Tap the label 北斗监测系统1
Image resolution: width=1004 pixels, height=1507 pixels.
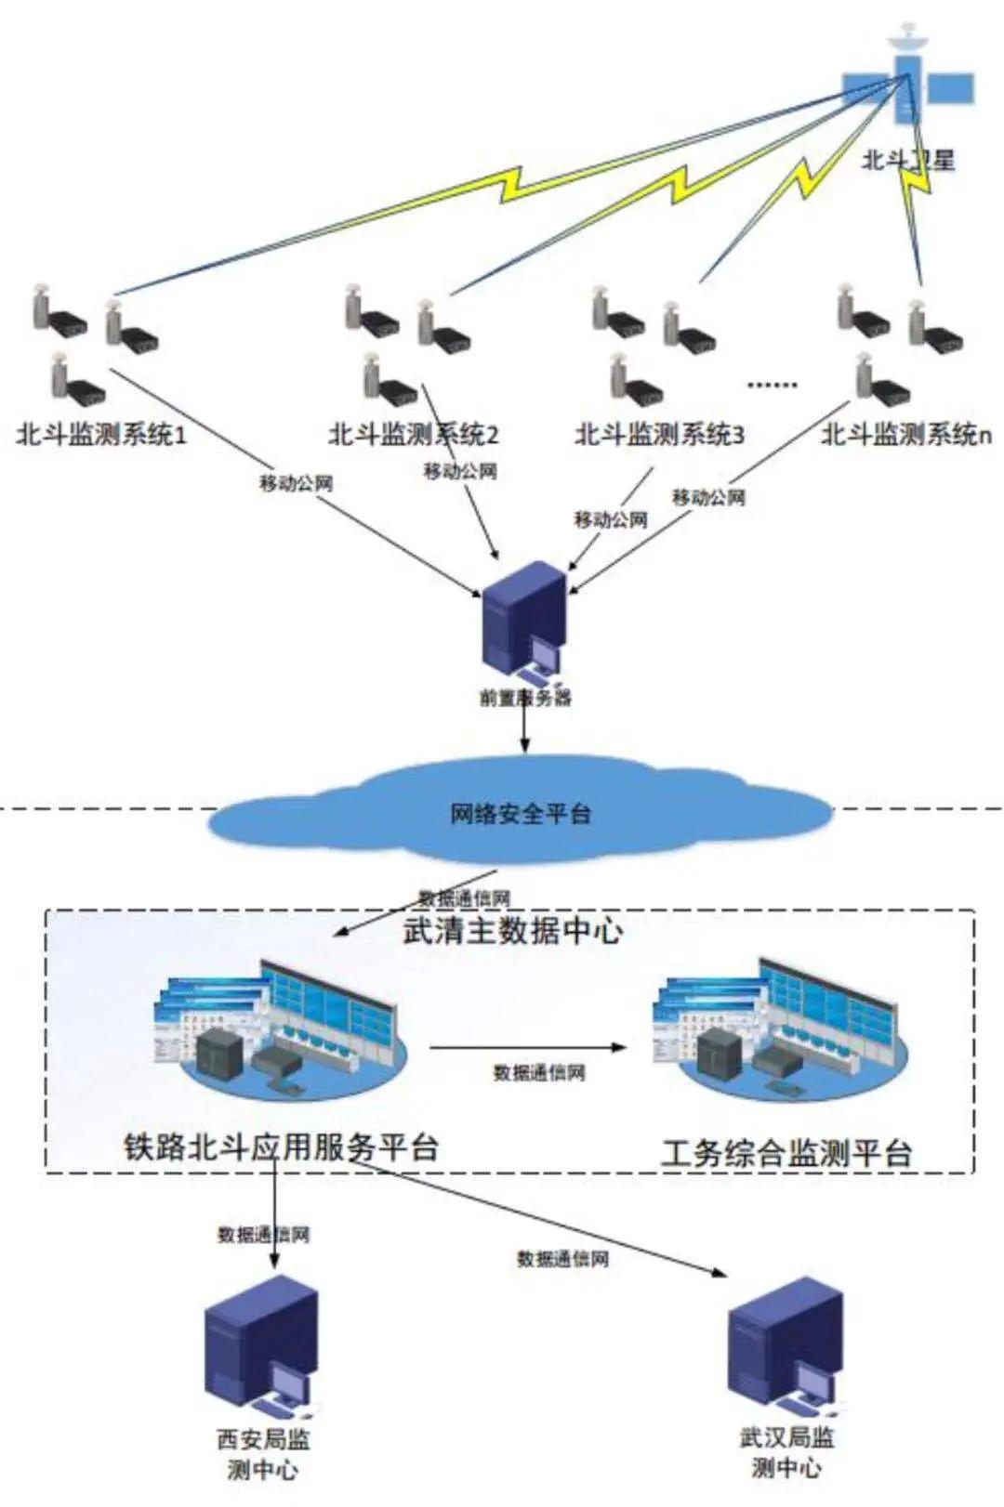pyautogui.click(x=101, y=434)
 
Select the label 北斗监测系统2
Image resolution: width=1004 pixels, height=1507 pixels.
pyautogui.click(x=413, y=434)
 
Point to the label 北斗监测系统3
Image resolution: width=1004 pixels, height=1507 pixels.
pyautogui.click(x=659, y=434)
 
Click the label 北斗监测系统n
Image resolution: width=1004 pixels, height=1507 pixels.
pyautogui.click(x=905, y=434)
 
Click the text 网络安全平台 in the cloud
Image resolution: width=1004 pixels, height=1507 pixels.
pyautogui.click(x=521, y=815)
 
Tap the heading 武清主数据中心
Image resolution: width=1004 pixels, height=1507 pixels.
pyautogui.click(x=512, y=930)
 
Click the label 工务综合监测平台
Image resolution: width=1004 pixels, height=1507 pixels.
pyautogui.click(x=786, y=1153)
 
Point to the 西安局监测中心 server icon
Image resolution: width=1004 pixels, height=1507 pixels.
pyautogui.click(x=263, y=1348)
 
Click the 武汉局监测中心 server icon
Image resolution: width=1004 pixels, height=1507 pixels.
pyautogui.click(x=786, y=1347)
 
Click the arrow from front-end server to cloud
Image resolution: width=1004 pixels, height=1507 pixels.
pyautogui.click(x=524, y=729)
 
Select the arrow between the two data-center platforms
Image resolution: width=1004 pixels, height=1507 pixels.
pyautogui.click(x=527, y=1048)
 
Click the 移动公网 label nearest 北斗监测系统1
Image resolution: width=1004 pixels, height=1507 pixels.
pyautogui.click(x=296, y=483)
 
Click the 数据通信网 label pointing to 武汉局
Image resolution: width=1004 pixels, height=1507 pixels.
pyautogui.click(x=562, y=1259)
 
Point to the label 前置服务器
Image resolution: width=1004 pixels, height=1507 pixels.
pyautogui.click(x=525, y=697)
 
